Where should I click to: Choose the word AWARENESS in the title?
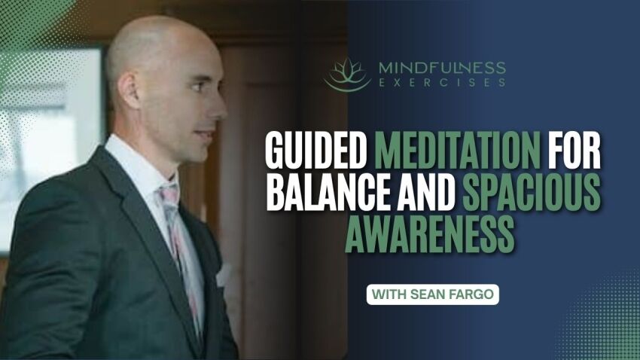point(431,234)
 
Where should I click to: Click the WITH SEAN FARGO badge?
point(433,294)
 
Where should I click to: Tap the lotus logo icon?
point(348,75)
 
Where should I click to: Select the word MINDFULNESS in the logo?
point(441,68)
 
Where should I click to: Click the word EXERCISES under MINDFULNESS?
point(441,83)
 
